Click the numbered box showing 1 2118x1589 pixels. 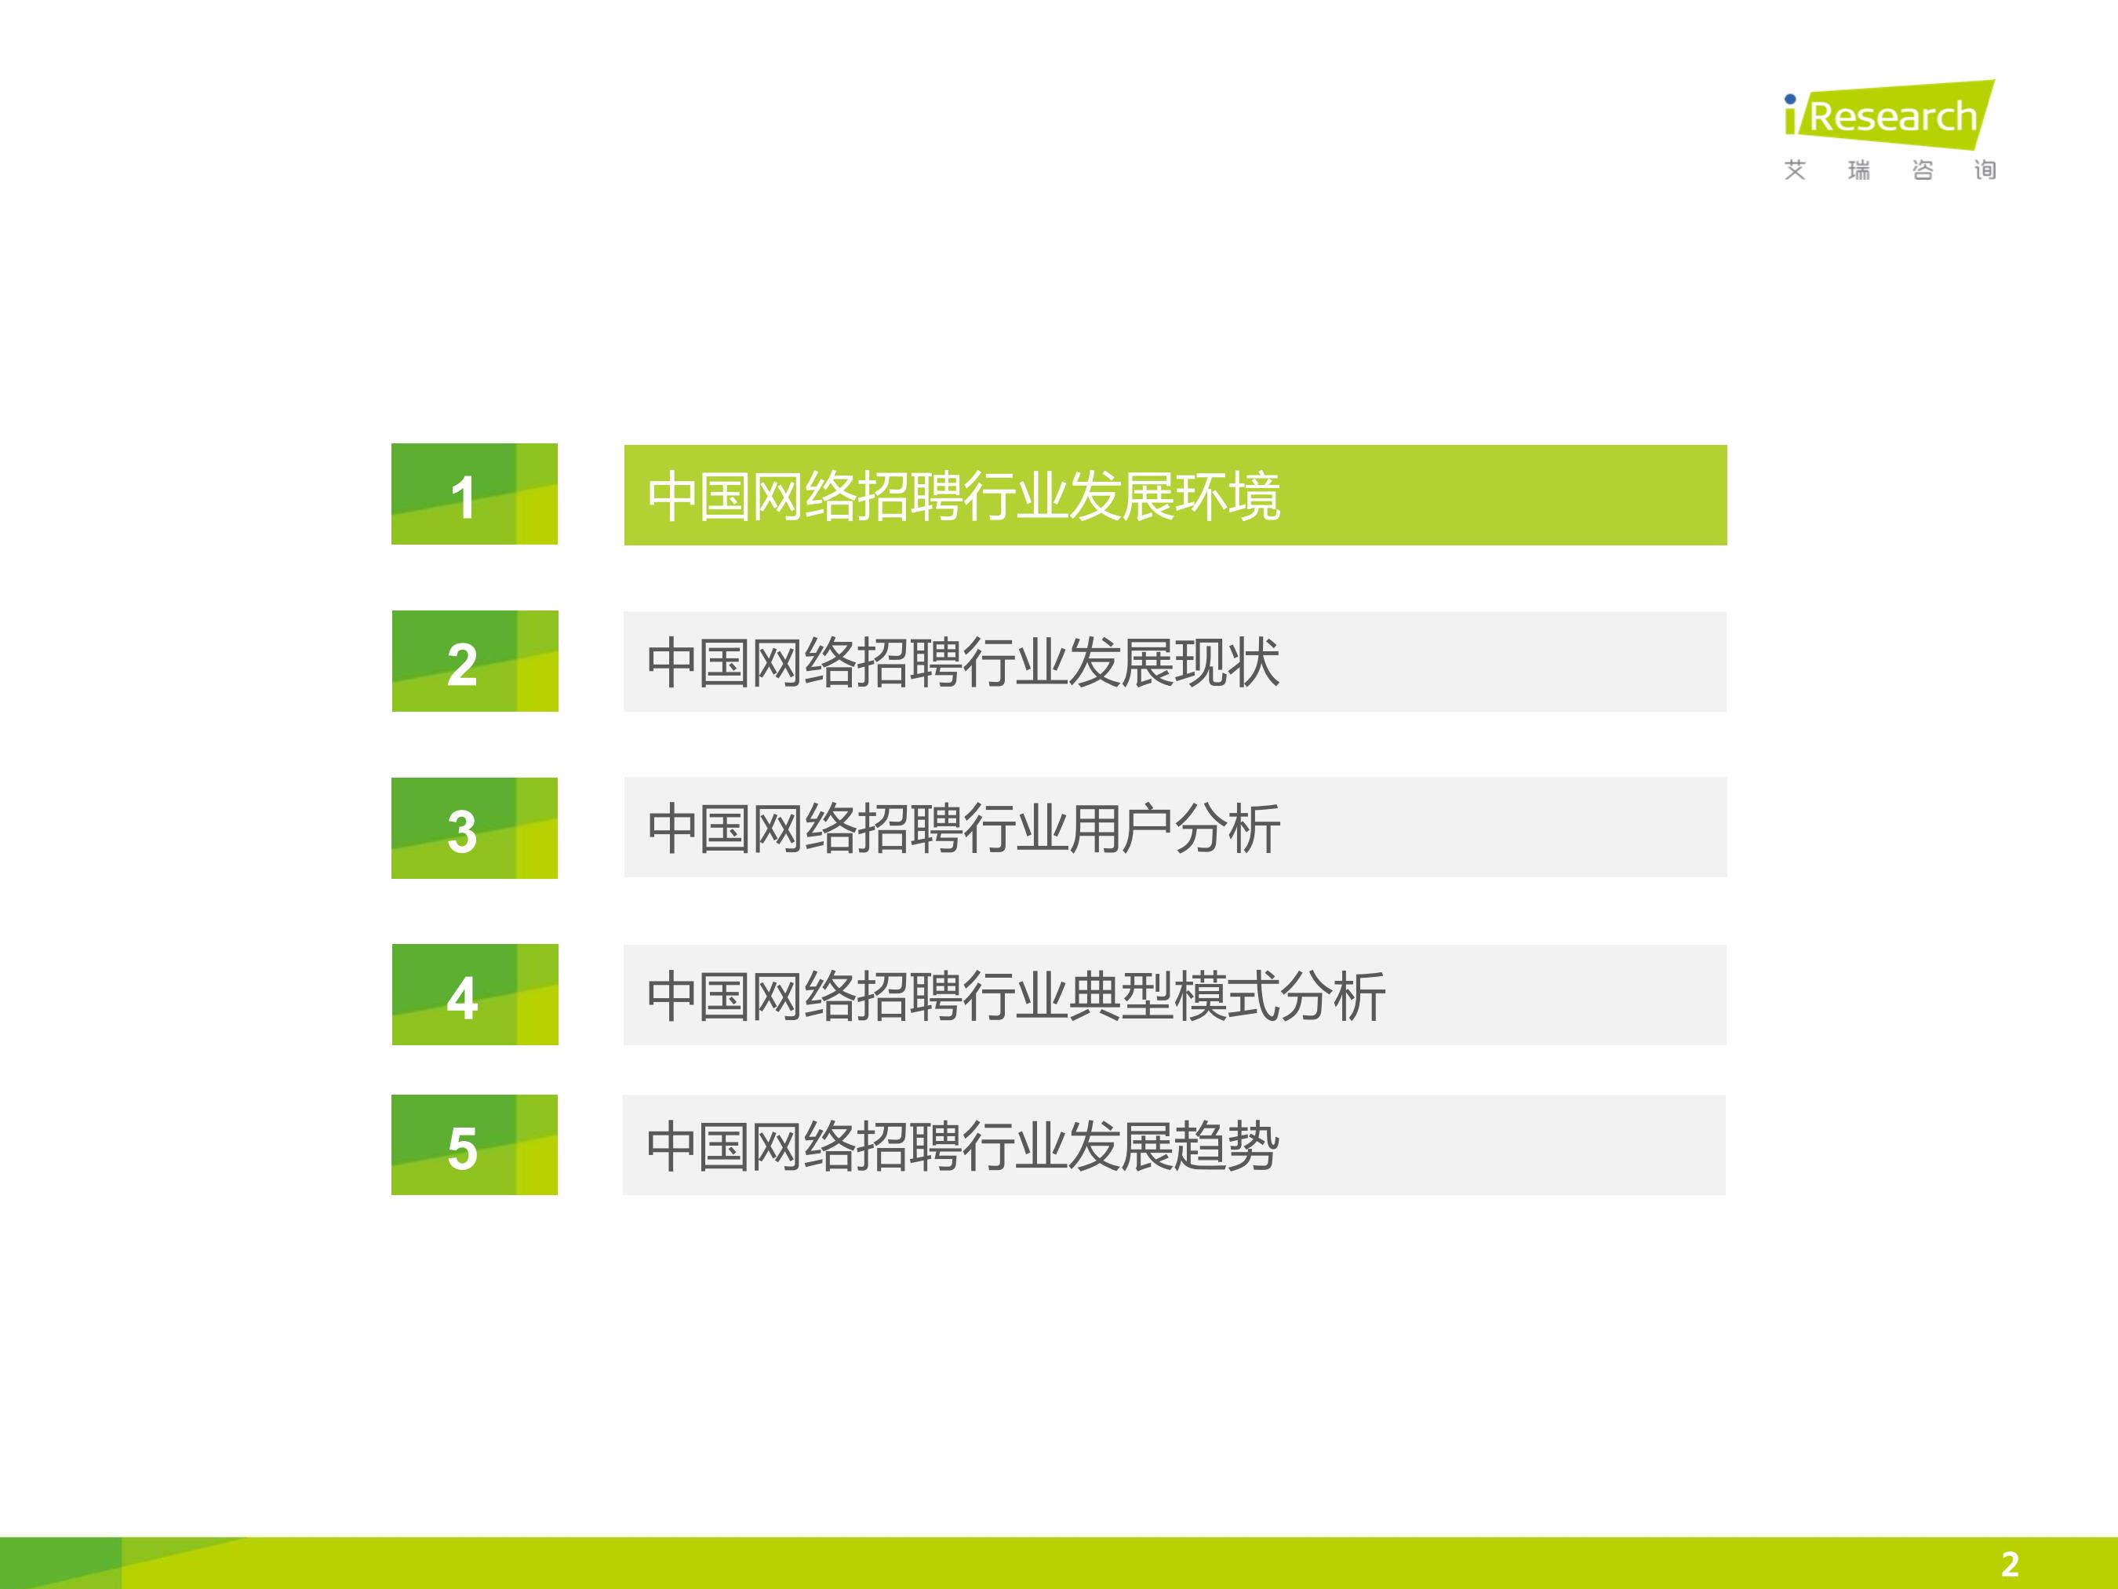474,494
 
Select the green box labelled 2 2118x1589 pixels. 474,661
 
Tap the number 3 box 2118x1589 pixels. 474,828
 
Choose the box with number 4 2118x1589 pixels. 474,994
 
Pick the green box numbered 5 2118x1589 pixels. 474,1145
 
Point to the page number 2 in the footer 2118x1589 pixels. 2009,1564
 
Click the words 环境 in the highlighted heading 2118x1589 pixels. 1228,496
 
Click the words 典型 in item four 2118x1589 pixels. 1123,996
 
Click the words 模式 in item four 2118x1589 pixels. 1228,996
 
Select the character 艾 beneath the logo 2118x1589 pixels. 1794,169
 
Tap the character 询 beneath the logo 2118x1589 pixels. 1984,169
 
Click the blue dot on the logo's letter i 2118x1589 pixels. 1789,99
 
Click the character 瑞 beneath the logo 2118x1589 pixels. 1858,169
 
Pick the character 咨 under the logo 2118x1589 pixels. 1922,169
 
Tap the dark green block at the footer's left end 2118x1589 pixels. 60,1563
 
